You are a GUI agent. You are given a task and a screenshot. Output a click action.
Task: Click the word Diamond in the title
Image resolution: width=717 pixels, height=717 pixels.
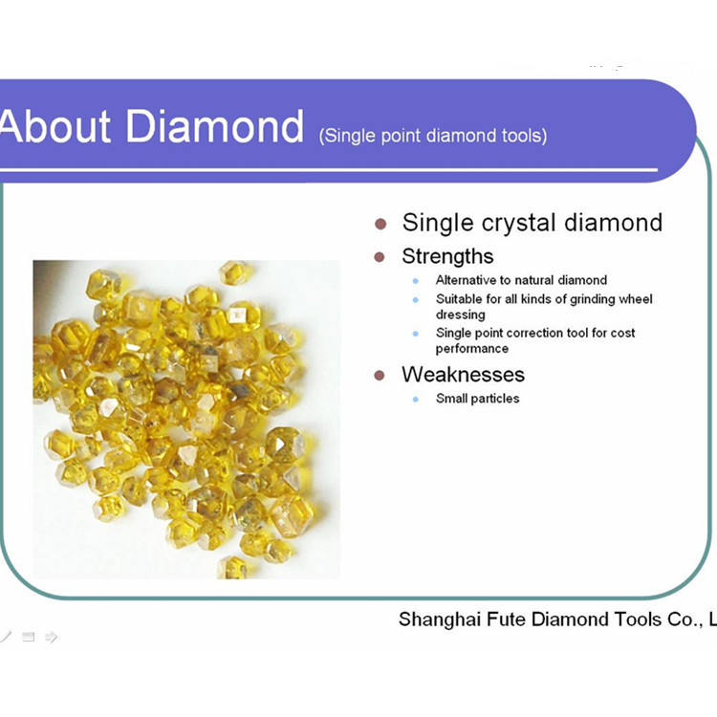point(215,126)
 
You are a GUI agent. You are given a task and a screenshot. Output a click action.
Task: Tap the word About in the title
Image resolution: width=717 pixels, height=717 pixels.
point(55,126)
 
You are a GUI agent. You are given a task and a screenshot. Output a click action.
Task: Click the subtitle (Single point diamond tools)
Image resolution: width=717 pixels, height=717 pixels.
point(433,136)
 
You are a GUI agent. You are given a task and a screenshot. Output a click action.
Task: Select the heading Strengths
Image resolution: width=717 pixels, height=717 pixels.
point(447,256)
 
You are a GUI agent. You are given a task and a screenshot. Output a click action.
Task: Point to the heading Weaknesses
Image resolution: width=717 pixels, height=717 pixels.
point(464,375)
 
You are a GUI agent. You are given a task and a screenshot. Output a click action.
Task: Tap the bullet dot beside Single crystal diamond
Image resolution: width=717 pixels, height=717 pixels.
point(380,224)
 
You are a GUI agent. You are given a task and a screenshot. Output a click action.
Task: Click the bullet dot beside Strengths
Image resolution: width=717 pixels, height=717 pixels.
point(380,257)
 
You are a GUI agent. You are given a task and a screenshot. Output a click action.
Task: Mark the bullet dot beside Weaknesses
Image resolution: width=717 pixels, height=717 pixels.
point(380,376)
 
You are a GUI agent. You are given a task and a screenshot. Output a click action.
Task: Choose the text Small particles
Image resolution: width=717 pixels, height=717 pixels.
point(477,399)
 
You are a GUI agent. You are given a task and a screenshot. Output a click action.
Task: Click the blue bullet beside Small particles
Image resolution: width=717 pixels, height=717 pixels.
point(415,400)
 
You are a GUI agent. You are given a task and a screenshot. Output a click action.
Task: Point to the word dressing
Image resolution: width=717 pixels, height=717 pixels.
point(461,315)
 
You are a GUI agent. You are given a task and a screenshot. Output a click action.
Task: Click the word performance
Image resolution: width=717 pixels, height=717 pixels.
point(472,349)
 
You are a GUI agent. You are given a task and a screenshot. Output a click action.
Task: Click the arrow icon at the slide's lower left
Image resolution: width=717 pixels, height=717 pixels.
point(52,637)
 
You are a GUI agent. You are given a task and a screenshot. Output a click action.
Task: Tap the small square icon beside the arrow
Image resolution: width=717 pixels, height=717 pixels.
point(29,637)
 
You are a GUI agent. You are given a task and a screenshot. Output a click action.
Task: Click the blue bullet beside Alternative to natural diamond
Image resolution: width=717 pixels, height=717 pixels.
point(415,281)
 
